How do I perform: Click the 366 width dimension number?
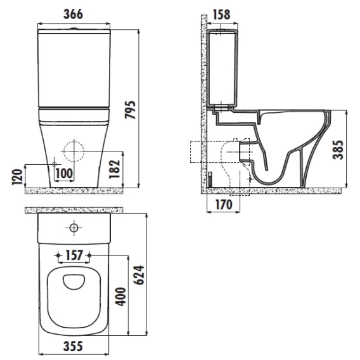click(74, 14)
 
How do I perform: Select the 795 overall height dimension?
click(130, 110)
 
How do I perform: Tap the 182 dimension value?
click(114, 169)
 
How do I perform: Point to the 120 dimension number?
click(18, 177)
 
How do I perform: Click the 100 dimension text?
click(64, 173)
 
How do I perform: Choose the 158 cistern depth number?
click(222, 15)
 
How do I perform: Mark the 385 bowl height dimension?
click(338, 150)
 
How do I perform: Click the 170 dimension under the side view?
click(224, 204)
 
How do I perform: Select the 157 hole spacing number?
click(74, 255)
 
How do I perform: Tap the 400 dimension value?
click(120, 297)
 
